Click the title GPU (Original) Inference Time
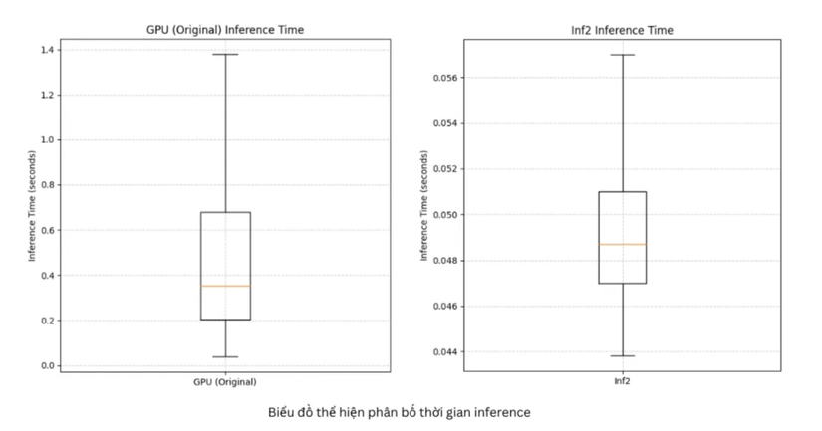tap(225, 30)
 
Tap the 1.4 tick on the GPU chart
tap(47, 50)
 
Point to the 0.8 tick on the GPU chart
tap(47, 185)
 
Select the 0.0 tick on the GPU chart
tap(47, 365)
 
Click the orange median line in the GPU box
tap(225, 286)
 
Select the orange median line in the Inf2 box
tap(622, 244)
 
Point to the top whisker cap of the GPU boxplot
tap(225, 54)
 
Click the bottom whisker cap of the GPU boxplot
tap(225, 356)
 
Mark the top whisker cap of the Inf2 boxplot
tap(622, 55)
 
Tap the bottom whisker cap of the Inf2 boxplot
tap(622, 355)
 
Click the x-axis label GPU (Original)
tap(225, 382)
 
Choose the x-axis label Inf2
tap(622, 382)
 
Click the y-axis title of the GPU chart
tap(32, 207)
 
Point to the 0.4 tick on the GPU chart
tap(47, 276)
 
